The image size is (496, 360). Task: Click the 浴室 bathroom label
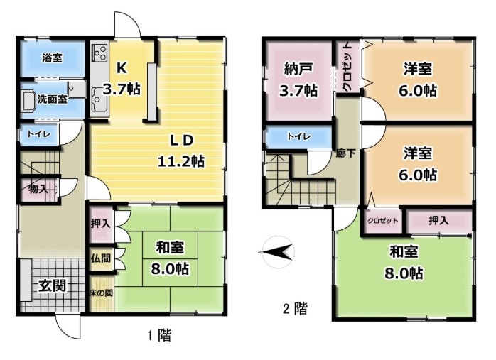tap(53, 58)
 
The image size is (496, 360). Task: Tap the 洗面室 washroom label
tap(52, 99)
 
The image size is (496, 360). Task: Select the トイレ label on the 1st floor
tap(38, 134)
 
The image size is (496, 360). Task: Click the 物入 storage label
tap(38, 189)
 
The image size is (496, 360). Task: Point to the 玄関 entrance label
tap(53, 285)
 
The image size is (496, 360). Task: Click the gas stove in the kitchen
tap(100, 53)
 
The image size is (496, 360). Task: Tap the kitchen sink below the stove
tap(99, 99)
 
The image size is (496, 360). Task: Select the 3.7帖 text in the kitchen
tap(122, 89)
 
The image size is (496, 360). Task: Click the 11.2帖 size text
tap(181, 161)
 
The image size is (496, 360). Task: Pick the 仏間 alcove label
tap(101, 258)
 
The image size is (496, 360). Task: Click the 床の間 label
tap(101, 293)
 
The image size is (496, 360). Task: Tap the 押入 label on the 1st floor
tap(101, 224)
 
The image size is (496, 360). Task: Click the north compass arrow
tap(277, 252)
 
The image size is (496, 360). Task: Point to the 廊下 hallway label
tap(345, 153)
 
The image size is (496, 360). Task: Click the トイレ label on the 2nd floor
tap(298, 136)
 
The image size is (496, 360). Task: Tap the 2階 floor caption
tap(295, 308)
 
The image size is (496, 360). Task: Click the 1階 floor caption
tap(160, 335)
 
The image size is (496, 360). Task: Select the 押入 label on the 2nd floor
tap(438, 220)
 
